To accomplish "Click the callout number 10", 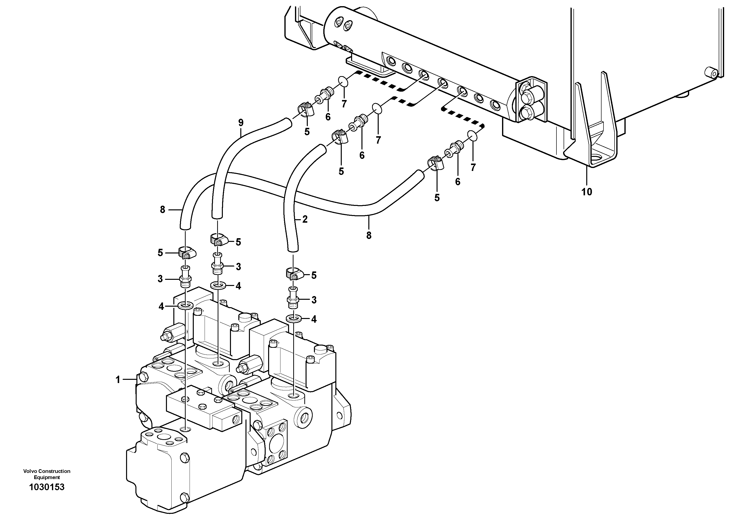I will [586, 192].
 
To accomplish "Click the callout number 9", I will [241, 123].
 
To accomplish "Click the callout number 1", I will [118, 380].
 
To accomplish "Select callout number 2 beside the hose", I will [305, 219].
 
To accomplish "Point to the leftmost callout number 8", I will [163, 210].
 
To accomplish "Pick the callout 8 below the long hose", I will [369, 236].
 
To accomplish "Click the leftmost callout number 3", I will [160, 279].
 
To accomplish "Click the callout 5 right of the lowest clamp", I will [314, 275].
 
